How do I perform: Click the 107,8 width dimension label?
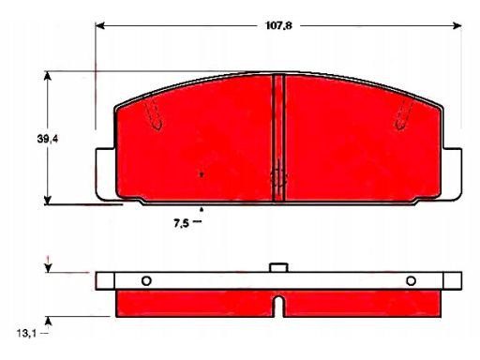point(278,25)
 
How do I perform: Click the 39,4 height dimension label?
point(48,139)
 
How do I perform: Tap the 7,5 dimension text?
point(181,223)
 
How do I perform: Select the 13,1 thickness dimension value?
point(26,334)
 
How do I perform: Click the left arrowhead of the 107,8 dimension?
point(99,25)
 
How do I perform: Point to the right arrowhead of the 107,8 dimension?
point(457,25)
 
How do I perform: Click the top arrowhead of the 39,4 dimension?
point(48,76)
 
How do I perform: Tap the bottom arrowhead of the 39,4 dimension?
point(48,200)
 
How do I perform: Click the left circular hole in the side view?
point(146,281)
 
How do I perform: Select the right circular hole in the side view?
point(411,281)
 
